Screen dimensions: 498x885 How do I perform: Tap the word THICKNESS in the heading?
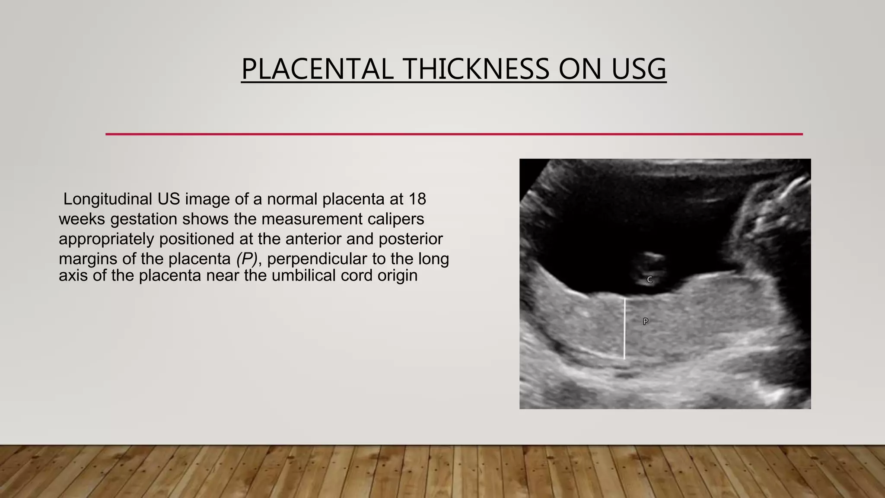(476, 69)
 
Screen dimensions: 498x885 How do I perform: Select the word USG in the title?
(639, 69)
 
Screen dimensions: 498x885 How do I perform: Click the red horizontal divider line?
(454, 134)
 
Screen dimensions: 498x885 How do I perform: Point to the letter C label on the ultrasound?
(649, 280)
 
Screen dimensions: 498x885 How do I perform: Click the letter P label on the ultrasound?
(645, 321)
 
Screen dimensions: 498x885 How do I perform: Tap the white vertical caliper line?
(624, 329)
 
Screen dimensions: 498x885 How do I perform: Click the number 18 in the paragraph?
(417, 199)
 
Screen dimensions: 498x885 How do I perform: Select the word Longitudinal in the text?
(108, 199)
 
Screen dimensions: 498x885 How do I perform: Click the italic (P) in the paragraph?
(246, 259)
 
